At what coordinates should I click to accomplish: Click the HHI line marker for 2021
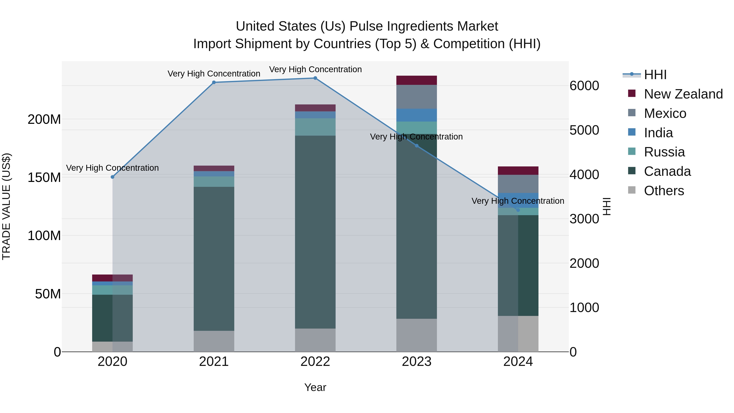(214, 82)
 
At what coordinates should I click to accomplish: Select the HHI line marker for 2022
(315, 78)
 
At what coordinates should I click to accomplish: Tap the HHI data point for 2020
(112, 177)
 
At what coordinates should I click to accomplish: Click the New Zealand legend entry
(683, 94)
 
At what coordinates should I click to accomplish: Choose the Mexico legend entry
(665, 113)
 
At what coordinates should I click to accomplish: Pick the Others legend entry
(664, 191)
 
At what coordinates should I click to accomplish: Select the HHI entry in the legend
(655, 75)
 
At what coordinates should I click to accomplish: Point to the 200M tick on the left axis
(44, 120)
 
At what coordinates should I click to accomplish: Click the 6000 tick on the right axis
(584, 86)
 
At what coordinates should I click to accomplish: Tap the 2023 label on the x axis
(416, 362)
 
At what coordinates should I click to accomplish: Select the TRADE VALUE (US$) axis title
(6, 206)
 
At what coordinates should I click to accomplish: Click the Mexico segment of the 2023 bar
(416, 97)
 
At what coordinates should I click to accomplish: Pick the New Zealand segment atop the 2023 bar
(416, 80)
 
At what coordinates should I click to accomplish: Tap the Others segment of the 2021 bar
(214, 341)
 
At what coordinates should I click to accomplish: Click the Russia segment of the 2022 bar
(315, 127)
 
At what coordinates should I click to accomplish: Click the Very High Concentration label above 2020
(112, 168)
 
